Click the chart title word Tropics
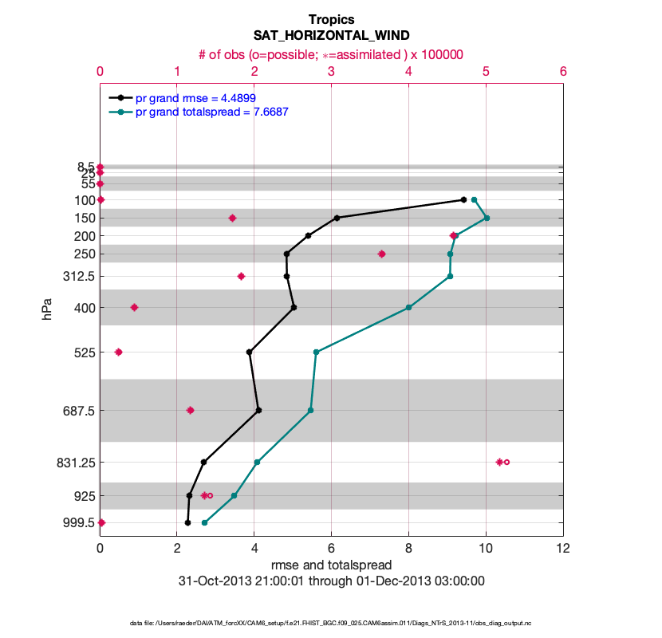[331, 19]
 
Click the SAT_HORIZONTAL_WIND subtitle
[331, 36]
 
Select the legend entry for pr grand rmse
[195, 98]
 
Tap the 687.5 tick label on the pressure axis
[77, 411]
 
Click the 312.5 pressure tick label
[77, 277]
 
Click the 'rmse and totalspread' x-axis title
[331, 565]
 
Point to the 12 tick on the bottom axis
[563, 549]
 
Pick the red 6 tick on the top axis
[563, 71]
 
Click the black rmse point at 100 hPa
[463, 199]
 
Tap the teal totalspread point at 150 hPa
[487, 218]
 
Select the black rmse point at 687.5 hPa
[258, 411]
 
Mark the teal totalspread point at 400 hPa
[408, 307]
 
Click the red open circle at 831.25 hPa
[506, 462]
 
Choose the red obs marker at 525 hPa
[119, 352]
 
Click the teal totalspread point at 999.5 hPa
[205, 523]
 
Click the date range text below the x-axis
[331, 581]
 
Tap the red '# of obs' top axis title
[331, 54]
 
